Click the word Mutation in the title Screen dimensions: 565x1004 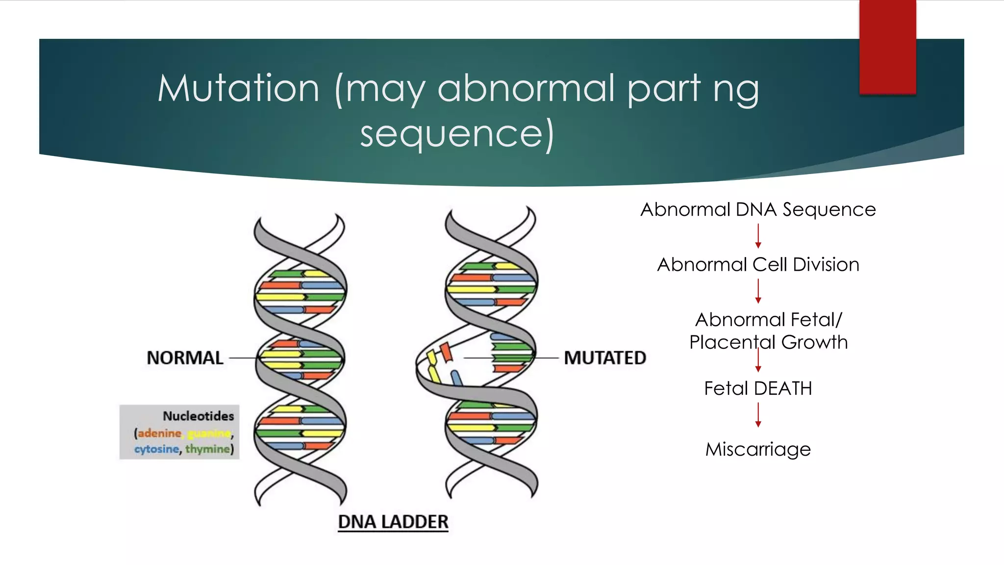[239, 89]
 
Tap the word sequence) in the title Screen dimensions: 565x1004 [457, 134]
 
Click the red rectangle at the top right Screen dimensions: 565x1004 [887, 47]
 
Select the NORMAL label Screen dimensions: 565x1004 [185, 358]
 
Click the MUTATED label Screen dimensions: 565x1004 [605, 358]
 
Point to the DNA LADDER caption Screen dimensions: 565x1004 [393, 522]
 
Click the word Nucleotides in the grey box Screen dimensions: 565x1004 [198, 416]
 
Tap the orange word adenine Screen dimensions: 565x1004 [159, 433]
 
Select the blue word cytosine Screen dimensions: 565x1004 [156, 449]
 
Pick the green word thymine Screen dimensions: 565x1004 [207, 449]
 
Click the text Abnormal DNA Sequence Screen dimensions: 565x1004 [758, 210]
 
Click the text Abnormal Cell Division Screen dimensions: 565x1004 [758, 265]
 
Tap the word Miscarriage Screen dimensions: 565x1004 [758, 449]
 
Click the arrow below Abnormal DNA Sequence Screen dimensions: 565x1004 [758, 236]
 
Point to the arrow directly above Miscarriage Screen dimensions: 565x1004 [758, 415]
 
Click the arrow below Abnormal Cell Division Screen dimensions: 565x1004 [758, 291]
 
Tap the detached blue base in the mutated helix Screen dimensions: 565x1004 [456, 378]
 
